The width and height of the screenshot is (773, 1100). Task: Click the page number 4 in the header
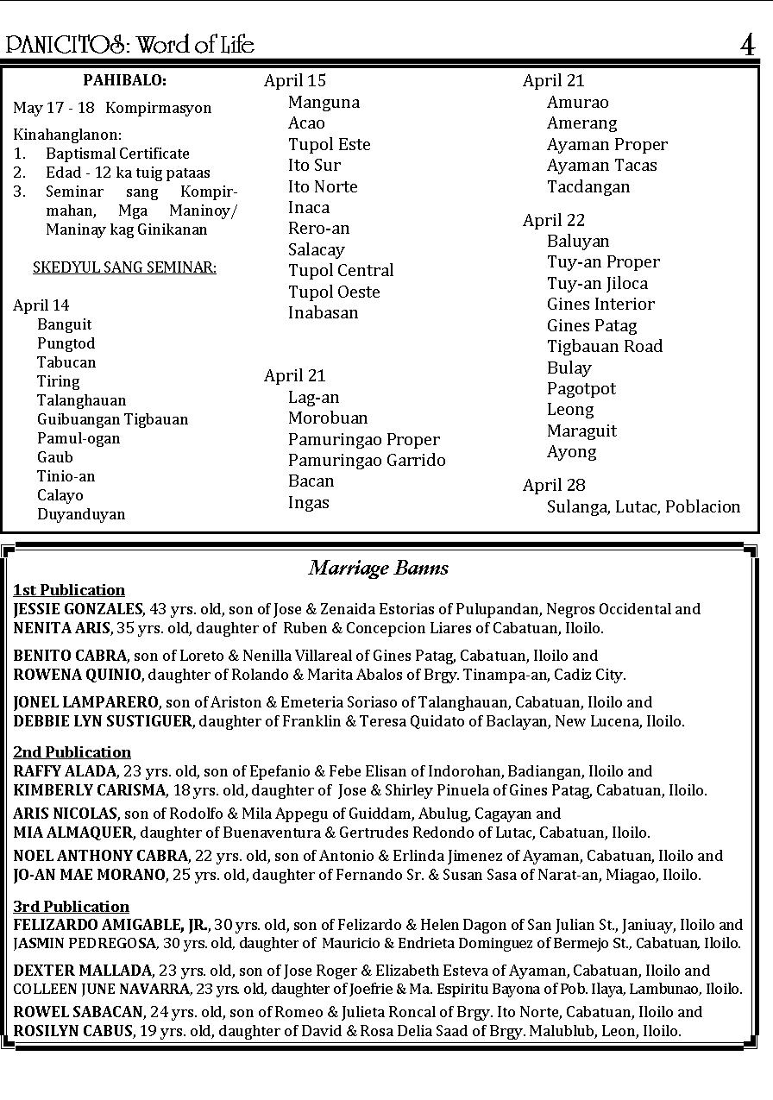(x=747, y=45)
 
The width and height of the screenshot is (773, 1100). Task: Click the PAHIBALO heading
(x=124, y=80)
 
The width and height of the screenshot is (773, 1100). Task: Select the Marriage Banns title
(x=379, y=568)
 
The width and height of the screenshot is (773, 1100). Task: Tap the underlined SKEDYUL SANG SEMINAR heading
(x=124, y=267)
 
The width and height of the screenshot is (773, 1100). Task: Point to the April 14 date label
(x=41, y=305)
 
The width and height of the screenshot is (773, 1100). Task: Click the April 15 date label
(x=295, y=81)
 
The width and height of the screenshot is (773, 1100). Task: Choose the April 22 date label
(x=554, y=220)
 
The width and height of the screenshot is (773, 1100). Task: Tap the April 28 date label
(x=554, y=485)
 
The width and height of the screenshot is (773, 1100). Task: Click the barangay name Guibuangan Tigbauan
(x=112, y=419)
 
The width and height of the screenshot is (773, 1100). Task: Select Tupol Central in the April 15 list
(x=341, y=270)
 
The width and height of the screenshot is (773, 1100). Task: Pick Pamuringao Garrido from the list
(x=367, y=460)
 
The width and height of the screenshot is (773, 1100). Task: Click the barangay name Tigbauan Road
(x=605, y=346)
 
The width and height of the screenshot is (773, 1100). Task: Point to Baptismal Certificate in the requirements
(x=117, y=154)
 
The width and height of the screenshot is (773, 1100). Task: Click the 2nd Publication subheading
(x=72, y=751)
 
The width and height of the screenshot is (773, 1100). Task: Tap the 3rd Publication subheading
(x=72, y=906)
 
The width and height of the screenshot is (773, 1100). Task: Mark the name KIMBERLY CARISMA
(x=90, y=790)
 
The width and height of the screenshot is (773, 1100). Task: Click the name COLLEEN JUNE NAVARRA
(x=102, y=989)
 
